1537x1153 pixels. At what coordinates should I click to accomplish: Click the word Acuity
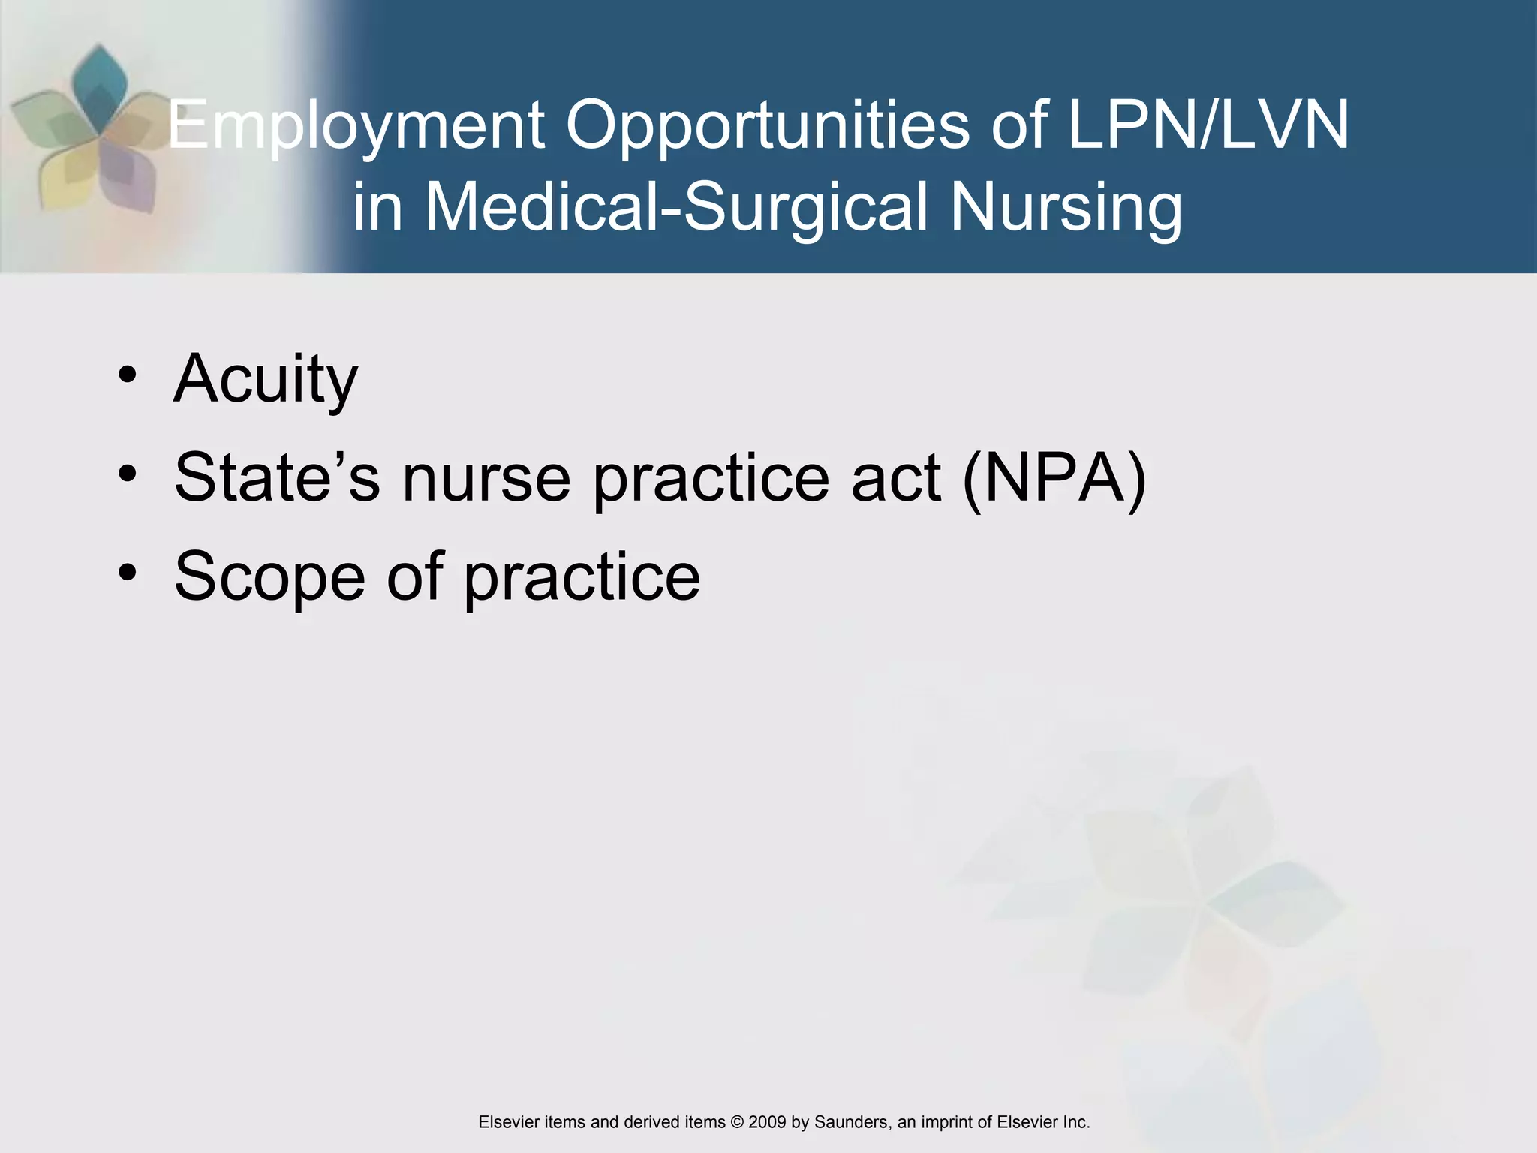(266, 378)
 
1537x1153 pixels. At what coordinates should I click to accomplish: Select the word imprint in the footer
(948, 1122)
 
